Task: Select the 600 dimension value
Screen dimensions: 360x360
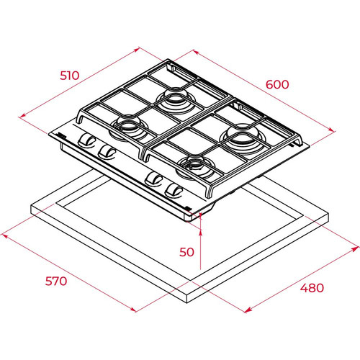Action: (277, 84)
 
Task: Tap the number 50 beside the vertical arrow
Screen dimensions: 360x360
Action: (187, 251)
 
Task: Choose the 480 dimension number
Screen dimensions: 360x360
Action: (312, 287)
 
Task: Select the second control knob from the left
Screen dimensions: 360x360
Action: (108, 150)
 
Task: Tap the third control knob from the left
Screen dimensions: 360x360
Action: (153, 179)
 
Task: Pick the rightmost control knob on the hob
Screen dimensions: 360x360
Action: (173, 190)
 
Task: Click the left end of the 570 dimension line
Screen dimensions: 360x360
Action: (4, 234)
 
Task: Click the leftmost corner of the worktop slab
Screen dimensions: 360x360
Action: (30, 212)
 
